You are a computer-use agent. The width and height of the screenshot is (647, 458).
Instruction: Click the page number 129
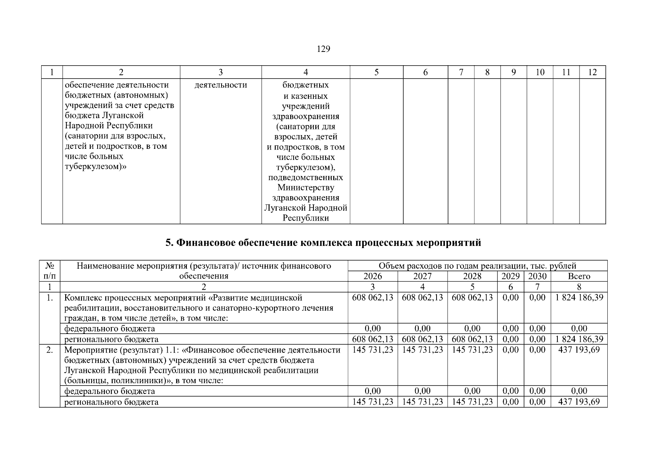323,49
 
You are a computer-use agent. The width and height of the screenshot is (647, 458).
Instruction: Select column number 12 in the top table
592,72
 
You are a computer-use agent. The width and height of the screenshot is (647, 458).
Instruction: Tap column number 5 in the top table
376,72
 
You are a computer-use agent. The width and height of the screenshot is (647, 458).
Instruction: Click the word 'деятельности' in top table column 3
221,85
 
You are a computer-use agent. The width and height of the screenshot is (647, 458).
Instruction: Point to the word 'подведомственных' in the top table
305,177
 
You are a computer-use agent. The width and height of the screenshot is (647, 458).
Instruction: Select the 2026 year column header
372,276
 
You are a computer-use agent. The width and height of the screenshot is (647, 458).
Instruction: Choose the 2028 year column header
472,276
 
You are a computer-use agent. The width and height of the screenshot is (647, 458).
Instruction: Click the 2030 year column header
537,276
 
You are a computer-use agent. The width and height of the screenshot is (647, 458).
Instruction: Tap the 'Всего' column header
579,276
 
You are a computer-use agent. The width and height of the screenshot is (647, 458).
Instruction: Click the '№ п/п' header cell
50,271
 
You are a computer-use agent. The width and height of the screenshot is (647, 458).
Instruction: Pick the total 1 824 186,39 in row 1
579,298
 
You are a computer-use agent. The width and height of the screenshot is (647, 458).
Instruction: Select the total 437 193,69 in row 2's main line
579,350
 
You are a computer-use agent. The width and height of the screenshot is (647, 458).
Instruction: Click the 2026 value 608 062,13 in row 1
372,298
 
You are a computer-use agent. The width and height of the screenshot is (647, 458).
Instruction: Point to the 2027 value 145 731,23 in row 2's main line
422,350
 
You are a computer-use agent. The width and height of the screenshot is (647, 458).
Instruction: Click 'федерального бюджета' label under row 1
109,329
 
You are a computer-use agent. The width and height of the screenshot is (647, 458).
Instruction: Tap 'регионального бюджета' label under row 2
111,402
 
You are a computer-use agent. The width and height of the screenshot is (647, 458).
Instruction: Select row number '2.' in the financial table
50,350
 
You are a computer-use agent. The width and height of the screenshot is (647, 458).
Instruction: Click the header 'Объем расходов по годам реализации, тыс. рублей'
477,266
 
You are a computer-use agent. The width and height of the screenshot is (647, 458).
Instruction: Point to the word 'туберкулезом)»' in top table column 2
96,167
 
